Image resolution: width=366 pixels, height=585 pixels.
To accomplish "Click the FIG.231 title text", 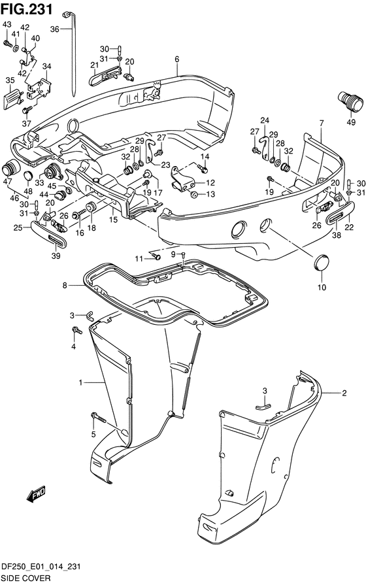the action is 27,9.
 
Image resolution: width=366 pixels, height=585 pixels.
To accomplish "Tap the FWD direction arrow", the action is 36,493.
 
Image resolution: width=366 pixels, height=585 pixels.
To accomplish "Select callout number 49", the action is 351,122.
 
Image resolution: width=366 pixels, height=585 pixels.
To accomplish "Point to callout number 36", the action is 55,29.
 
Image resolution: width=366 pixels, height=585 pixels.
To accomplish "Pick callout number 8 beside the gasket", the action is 65,286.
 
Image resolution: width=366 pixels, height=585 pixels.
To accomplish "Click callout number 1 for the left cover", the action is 80,382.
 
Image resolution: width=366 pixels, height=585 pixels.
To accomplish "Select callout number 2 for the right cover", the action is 344,393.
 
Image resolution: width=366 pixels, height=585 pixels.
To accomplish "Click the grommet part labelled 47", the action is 11,169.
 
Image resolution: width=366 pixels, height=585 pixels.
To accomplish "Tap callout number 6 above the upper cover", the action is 177,59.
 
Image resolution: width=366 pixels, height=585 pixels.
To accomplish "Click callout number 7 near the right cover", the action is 322,123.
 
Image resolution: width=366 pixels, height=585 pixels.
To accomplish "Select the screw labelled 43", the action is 7,44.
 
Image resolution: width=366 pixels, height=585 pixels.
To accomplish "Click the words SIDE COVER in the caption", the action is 25,578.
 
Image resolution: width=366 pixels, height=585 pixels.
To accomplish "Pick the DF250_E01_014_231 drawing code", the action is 41,567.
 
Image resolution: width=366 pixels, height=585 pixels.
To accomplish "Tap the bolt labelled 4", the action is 77,330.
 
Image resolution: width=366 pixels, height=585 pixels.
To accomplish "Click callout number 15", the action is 114,220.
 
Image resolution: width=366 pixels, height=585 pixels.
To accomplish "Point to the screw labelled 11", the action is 157,256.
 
